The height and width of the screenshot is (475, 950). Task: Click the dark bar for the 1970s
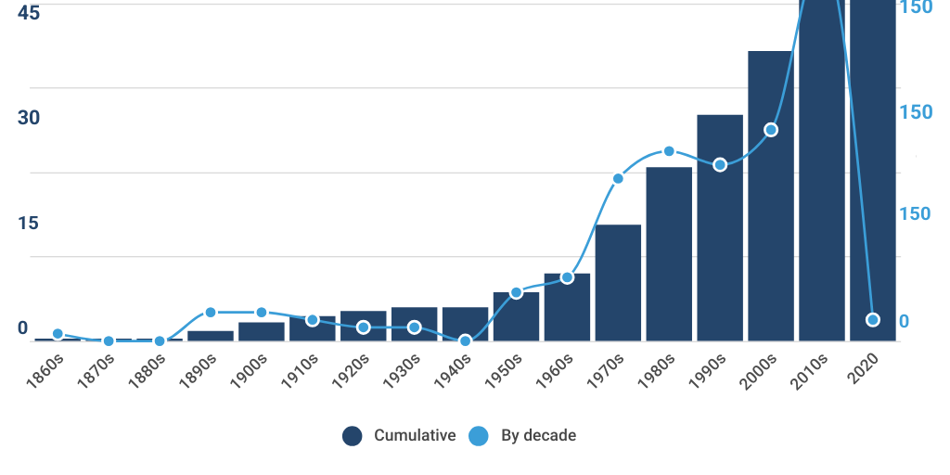pyautogui.click(x=618, y=282)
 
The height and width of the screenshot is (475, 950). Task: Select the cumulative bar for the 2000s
pyautogui.click(x=771, y=196)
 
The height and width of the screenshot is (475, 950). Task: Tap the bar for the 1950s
pyautogui.click(x=516, y=316)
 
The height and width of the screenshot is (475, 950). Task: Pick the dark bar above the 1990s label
pyautogui.click(x=720, y=227)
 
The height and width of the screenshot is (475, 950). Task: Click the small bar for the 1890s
pyautogui.click(x=211, y=336)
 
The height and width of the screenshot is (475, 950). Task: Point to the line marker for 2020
pyautogui.click(x=872, y=320)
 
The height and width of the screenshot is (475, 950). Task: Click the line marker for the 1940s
pyautogui.click(x=466, y=341)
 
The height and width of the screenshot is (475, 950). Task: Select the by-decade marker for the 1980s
pyautogui.click(x=669, y=151)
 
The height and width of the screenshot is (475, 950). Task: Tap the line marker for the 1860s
pyautogui.click(x=58, y=334)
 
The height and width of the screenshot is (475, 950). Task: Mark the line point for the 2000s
pyautogui.click(x=771, y=130)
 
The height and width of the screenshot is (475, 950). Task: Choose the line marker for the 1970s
pyautogui.click(x=618, y=178)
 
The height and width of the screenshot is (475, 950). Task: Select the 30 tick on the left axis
pyautogui.click(x=29, y=118)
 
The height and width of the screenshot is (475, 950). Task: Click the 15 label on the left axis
pyautogui.click(x=29, y=223)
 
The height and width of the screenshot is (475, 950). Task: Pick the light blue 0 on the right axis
pyautogui.click(x=905, y=321)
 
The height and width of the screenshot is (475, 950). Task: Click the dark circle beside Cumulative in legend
pyautogui.click(x=353, y=436)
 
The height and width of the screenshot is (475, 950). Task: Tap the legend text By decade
pyautogui.click(x=538, y=436)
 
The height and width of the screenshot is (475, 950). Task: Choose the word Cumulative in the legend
pyautogui.click(x=415, y=436)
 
